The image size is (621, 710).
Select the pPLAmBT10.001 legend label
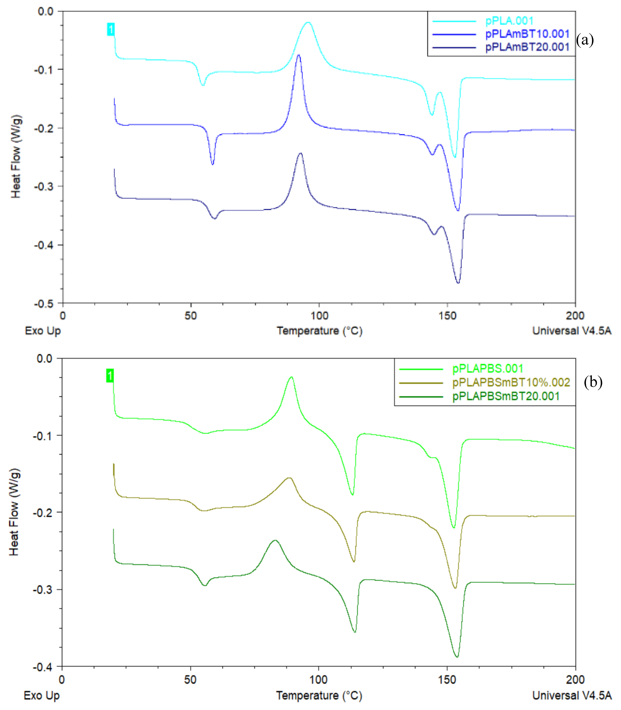(527, 34)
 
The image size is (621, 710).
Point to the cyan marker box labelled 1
(111, 29)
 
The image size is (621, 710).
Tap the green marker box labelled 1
(110, 376)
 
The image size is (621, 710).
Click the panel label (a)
(585, 40)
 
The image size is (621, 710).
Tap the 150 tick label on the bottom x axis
(447, 680)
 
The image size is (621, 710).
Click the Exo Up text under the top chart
(43, 331)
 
